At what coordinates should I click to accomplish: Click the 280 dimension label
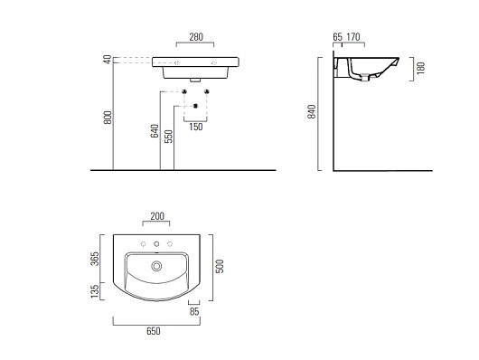click(x=196, y=37)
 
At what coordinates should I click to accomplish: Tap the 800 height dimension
click(x=108, y=118)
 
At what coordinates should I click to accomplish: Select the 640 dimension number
click(x=155, y=131)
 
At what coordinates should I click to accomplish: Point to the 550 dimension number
click(x=168, y=137)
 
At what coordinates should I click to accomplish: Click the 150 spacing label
click(x=196, y=127)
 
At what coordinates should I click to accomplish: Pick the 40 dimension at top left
click(x=108, y=60)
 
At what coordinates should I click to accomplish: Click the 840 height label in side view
click(x=312, y=111)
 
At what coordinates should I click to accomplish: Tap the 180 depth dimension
click(x=420, y=68)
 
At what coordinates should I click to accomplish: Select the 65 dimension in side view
click(x=338, y=37)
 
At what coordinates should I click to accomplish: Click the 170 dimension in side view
click(x=353, y=37)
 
